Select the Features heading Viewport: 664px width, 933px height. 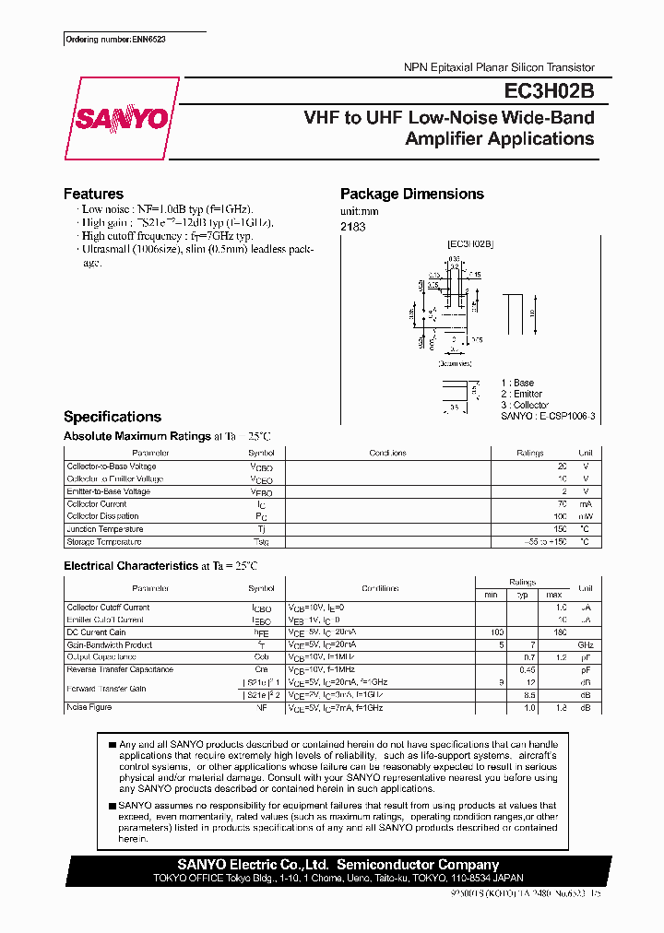(93, 194)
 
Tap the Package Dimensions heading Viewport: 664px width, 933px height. (411, 194)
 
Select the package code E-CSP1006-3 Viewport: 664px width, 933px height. (564, 417)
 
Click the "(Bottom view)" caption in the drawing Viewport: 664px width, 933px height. (454, 363)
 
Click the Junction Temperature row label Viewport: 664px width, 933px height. (105, 529)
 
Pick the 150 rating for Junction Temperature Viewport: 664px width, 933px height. (559, 529)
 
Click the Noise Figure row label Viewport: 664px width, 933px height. (89, 707)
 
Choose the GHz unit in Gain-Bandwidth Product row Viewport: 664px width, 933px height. (585, 645)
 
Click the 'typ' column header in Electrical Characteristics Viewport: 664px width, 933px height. (522, 594)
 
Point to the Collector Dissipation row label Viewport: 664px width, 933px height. (102, 516)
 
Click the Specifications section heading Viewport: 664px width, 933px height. (113, 417)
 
